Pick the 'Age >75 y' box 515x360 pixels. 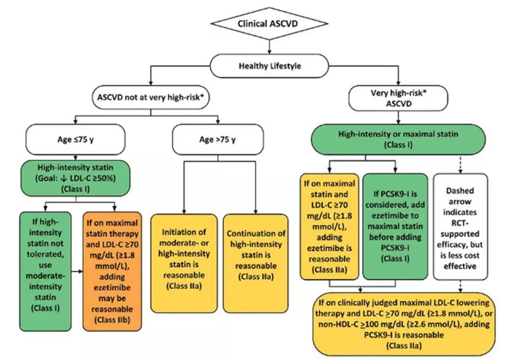[217, 139]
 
